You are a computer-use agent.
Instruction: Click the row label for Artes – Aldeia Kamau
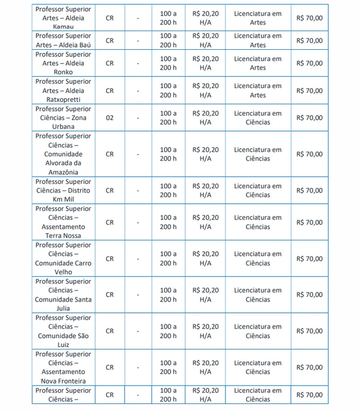pyautogui.click(x=63, y=18)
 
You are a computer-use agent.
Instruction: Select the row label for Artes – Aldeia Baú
pyautogui.click(x=63, y=40)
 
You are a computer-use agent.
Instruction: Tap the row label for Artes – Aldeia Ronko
pyautogui.click(x=63, y=63)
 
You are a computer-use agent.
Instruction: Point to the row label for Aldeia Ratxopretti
pyautogui.click(x=63, y=91)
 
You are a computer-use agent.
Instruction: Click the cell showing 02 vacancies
pyautogui.click(x=109, y=118)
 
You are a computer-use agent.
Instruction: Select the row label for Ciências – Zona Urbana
pyautogui.click(x=63, y=118)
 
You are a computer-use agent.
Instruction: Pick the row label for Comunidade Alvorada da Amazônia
pyautogui.click(x=63, y=154)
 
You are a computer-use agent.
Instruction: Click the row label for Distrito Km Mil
pyautogui.click(x=63, y=190)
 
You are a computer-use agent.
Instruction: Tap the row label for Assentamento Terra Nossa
pyautogui.click(x=63, y=222)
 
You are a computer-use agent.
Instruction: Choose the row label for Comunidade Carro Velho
pyautogui.click(x=63, y=258)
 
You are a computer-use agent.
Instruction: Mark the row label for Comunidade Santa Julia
pyautogui.click(x=63, y=294)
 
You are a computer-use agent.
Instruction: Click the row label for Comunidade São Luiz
pyautogui.click(x=63, y=331)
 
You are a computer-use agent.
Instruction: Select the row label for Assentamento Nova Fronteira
pyautogui.click(x=63, y=367)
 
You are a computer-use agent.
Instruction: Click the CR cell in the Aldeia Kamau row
pyautogui.click(x=109, y=18)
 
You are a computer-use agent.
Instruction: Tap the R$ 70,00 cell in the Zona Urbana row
pyautogui.click(x=309, y=118)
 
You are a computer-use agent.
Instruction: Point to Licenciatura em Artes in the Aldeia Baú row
pyautogui.click(x=257, y=40)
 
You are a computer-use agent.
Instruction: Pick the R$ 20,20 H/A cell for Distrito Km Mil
pyautogui.click(x=205, y=190)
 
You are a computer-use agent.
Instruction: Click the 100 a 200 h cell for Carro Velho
pyautogui.click(x=168, y=258)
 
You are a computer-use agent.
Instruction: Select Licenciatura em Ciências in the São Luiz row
pyautogui.click(x=257, y=331)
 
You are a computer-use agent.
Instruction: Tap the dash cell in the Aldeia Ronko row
pyautogui.click(x=137, y=63)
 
